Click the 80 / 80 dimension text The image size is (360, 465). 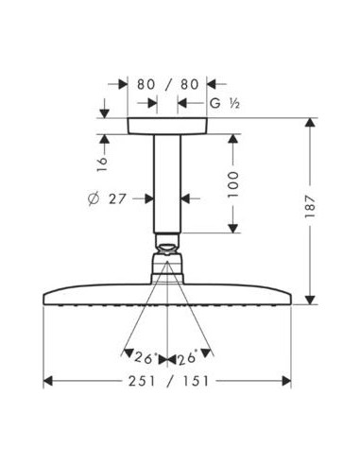(167, 84)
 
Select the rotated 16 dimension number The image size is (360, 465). (103, 164)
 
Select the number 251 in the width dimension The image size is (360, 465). (136, 382)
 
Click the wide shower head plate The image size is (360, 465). (167, 292)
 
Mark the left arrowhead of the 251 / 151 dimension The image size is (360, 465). (51, 382)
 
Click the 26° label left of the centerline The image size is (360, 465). (145, 357)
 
